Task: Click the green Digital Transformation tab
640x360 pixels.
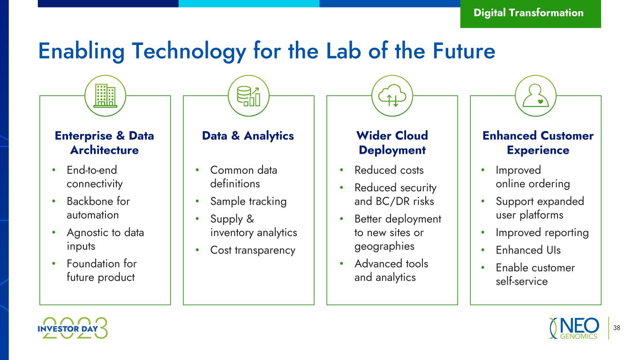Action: click(x=531, y=14)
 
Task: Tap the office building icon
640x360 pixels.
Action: click(x=105, y=96)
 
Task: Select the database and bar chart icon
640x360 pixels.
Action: click(x=248, y=96)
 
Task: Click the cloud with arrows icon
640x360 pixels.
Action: click(x=392, y=96)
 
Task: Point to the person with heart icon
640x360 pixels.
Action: click(x=536, y=96)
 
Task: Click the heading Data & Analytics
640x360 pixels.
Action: click(x=248, y=136)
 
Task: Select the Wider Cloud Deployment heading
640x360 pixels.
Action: click(x=392, y=142)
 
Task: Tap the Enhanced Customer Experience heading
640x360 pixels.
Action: click(x=538, y=142)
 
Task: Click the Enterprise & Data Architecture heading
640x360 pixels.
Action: click(x=104, y=142)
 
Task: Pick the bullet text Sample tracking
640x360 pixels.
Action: click(x=248, y=202)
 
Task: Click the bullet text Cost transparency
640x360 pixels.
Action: click(x=253, y=250)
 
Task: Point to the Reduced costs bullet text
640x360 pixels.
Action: click(x=389, y=170)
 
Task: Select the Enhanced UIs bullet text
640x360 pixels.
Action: click(x=528, y=250)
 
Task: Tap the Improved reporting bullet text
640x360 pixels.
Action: click(x=542, y=233)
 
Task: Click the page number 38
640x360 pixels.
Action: click(x=617, y=328)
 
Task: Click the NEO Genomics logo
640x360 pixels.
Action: click(x=574, y=328)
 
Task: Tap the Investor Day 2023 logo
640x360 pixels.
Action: click(x=73, y=328)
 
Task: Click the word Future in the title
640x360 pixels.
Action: click(x=464, y=51)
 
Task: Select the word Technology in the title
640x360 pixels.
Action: click(x=188, y=52)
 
